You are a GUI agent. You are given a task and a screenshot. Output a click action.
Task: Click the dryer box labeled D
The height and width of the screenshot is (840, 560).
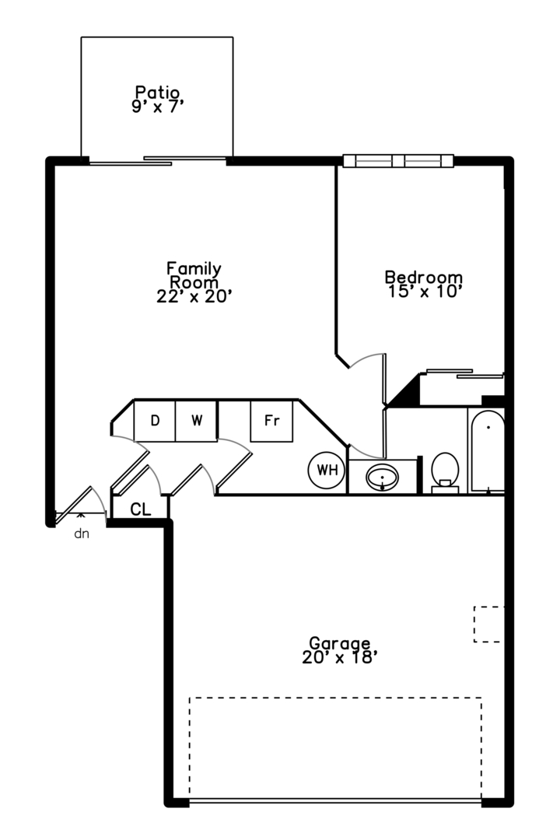tap(154, 421)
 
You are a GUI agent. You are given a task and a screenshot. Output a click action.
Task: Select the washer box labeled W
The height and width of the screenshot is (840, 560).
tap(196, 421)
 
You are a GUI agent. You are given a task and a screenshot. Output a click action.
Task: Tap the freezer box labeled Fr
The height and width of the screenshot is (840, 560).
tap(271, 421)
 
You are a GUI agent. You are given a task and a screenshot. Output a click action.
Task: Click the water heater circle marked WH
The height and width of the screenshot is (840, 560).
tap(327, 471)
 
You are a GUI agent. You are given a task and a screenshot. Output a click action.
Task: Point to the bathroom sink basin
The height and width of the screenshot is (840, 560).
tap(382, 477)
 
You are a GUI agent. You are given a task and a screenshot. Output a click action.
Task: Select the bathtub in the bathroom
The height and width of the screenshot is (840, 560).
tap(488, 451)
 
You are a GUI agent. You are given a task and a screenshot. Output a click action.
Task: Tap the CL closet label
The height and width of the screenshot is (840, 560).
tap(141, 509)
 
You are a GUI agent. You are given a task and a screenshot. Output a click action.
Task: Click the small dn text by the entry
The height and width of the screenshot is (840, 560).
tap(82, 534)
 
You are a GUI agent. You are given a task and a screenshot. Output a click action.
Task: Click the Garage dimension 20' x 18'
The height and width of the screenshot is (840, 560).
tap(337, 657)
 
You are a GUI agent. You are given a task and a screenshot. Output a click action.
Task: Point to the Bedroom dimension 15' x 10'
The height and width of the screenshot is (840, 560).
tap(423, 292)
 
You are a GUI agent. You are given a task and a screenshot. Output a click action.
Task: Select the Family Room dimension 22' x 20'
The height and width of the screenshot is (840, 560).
tap(194, 296)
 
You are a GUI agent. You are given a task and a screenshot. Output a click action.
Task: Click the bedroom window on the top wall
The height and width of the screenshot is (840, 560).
tap(398, 161)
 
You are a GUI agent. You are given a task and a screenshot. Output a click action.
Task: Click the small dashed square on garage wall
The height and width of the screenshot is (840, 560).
tap(488, 624)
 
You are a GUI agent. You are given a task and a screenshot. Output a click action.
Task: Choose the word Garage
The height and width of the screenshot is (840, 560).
tap(340, 643)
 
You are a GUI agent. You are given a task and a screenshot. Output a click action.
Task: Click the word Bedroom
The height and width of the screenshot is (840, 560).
tap(424, 277)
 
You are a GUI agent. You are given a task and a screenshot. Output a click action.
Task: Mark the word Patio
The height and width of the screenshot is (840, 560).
tap(157, 92)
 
